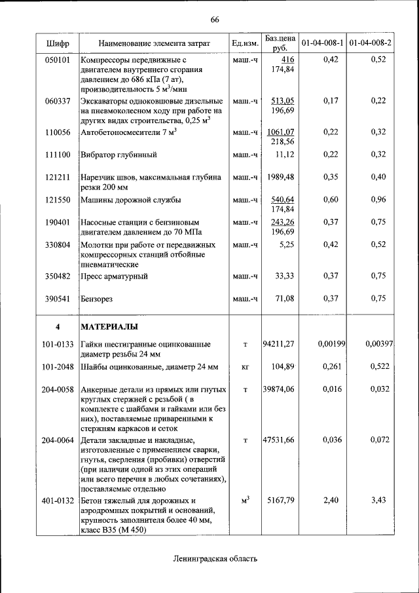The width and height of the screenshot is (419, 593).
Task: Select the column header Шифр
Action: tap(57, 43)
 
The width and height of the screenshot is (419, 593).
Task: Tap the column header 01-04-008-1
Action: tap(322, 43)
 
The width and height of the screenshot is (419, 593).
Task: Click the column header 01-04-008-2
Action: tap(371, 43)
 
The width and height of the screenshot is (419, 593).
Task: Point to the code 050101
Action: tap(57, 60)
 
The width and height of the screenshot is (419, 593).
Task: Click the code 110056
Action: tap(57, 132)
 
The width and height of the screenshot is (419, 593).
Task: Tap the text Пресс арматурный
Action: tap(113, 277)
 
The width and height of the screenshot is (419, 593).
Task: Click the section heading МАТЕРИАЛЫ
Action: tap(109, 326)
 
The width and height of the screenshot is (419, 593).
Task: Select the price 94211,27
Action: tap(279, 343)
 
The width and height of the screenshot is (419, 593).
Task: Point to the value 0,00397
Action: tap(378, 343)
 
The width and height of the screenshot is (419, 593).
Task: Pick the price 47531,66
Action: tap(279, 440)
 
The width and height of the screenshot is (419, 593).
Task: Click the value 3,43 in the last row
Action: tap(378, 501)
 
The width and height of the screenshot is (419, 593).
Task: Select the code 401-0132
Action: tap(57, 501)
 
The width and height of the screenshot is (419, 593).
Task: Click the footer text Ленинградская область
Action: tap(215, 559)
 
